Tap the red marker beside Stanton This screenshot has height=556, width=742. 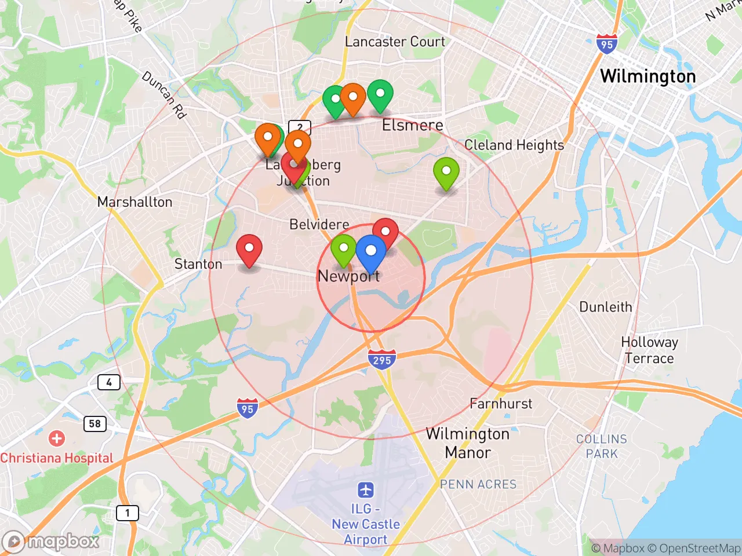249,248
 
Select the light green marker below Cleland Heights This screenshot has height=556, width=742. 446,171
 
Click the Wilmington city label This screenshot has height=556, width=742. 648,76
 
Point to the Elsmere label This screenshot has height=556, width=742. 412,125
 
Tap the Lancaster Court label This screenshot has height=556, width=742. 395,42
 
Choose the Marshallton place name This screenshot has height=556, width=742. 134,202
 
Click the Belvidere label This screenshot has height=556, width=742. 319,224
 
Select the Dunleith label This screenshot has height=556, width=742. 606,306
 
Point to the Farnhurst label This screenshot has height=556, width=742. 501,404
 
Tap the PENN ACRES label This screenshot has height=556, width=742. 478,484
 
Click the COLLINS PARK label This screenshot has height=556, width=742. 602,446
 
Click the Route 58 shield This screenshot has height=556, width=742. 95,423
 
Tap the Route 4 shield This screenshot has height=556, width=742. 109,382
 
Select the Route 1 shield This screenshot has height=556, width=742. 128,513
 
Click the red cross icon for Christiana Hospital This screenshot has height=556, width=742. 56,438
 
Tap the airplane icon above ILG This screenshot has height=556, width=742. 365,490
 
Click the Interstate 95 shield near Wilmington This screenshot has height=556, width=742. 606,44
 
